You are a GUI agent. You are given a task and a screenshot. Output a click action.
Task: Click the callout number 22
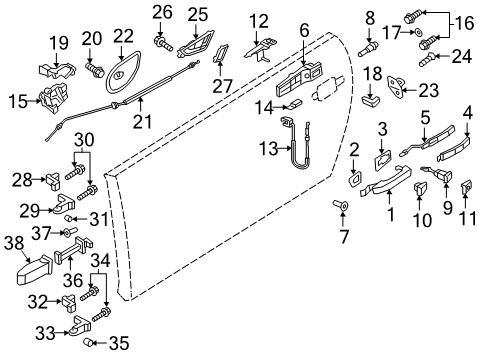point(124,36)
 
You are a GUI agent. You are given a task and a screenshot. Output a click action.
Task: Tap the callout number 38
point(14,243)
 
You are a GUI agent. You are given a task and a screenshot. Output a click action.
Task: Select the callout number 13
point(268,149)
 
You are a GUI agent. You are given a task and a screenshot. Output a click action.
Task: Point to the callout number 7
point(343,236)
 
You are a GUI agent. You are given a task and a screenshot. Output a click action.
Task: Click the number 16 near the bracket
point(464,23)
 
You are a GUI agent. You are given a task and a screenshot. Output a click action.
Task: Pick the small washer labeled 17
point(418,33)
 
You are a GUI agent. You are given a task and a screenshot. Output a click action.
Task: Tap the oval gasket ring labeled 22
point(123,74)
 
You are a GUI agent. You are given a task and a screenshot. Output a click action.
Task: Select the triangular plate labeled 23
point(397,86)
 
